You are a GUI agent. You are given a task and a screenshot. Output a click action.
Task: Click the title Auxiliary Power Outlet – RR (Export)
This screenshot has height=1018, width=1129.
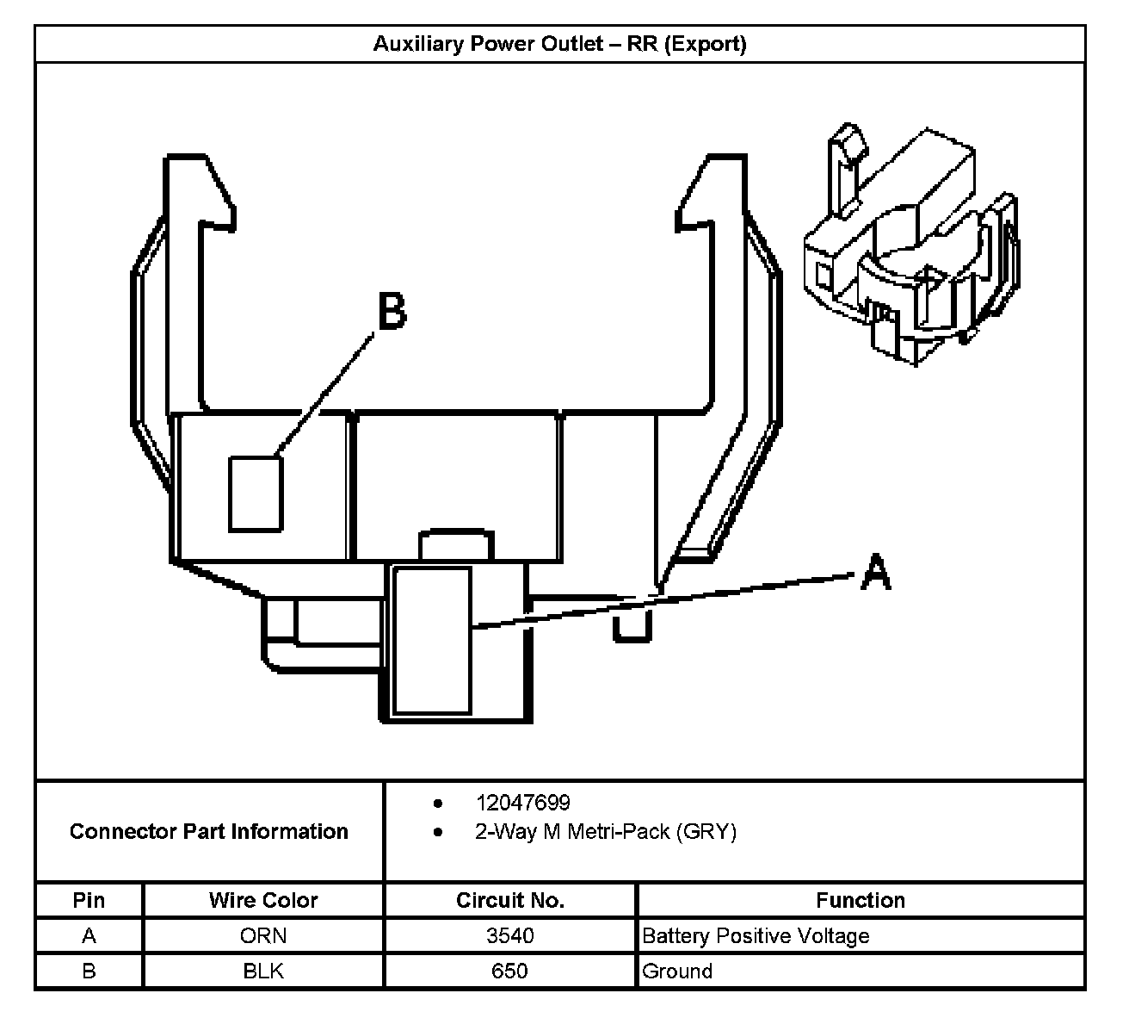[x=559, y=44]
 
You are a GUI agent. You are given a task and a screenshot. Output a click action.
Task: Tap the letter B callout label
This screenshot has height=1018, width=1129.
[x=392, y=311]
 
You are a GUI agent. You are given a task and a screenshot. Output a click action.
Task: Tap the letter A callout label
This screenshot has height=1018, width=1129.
[x=875, y=573]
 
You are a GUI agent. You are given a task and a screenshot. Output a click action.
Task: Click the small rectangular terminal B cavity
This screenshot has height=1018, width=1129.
[x=256, y=493]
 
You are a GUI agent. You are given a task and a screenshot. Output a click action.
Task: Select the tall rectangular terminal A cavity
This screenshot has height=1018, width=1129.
[x=432, y=640]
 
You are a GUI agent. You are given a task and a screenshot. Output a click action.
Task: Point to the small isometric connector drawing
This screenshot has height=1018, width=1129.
[x=910, y=245]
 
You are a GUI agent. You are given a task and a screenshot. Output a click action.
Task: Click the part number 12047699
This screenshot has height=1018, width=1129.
[x=522, y=803]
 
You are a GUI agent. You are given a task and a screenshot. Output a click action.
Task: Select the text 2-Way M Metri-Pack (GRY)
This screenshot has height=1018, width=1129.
[x=606, y=832]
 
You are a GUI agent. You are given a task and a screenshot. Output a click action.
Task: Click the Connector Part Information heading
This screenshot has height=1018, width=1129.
[x=209, y=831]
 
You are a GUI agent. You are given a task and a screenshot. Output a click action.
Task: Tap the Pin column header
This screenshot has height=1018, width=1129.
[x=89, y=900]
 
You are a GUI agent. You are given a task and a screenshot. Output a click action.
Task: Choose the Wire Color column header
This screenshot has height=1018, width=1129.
[x=263, y=900]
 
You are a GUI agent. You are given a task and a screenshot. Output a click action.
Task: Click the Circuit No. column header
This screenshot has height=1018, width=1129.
[x=509, y=900]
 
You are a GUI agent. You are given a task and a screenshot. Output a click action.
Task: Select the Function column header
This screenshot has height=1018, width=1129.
[x=861, y=900]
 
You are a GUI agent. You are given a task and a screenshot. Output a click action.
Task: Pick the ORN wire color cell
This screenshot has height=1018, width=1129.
[x=263, y=935]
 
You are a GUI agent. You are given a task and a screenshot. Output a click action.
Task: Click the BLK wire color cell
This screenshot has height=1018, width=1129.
[x=263, y=971]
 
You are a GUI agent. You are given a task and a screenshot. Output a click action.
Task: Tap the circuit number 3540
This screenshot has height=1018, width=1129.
[x=509, y=935]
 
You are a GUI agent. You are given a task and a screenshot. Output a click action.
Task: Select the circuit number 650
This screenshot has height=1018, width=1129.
[x=509, y=971]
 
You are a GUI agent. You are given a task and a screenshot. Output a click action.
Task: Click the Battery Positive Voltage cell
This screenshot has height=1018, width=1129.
[x=756, y=935]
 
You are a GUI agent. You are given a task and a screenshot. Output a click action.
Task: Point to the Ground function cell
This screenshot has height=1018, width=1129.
[x=677, y=971]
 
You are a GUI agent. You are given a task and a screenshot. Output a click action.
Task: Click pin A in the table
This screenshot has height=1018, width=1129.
[x=89, y=935]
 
